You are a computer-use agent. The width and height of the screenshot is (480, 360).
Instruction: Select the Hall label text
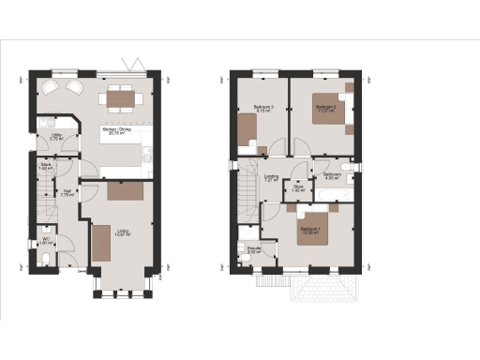pos(67,193)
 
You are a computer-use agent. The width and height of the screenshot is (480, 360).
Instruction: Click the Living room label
pos(123,232)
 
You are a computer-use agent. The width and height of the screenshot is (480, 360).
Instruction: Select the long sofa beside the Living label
pos(100,243)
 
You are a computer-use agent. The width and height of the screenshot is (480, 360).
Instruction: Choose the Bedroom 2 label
pos(325,107)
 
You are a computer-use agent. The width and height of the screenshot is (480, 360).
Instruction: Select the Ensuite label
pos(253,249)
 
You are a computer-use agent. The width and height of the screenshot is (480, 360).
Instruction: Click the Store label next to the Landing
pos(297,188)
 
